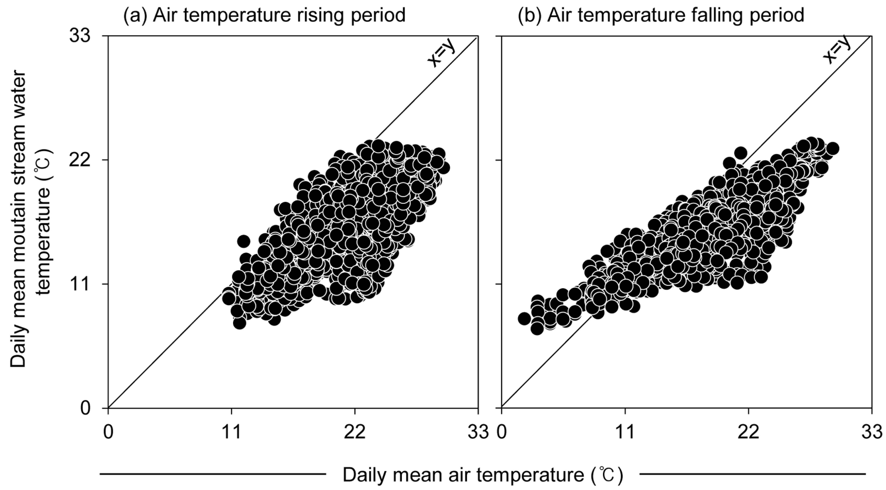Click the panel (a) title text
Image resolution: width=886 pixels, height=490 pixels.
point(264,15)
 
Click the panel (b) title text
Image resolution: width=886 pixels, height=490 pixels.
point(661,15)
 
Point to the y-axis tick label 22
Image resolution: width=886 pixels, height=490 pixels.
point(80,160)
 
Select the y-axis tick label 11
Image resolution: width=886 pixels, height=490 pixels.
point(80,284)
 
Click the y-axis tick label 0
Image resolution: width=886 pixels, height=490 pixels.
point(85,408)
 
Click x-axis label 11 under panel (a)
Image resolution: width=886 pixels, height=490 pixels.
point(231,433)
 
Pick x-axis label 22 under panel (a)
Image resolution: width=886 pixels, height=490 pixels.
point(355,433)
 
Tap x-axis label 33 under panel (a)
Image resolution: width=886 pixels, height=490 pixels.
point(478,433)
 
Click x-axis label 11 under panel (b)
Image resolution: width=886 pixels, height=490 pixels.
point(625,433)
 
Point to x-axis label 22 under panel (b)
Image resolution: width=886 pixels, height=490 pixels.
point(748,433)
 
